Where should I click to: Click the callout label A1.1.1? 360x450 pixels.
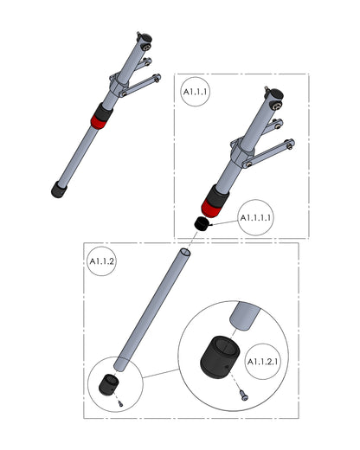(x=196, y=92)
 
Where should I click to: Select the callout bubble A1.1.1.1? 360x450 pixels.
(x=255, y=217)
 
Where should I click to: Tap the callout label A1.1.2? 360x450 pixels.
(x=102, y=261)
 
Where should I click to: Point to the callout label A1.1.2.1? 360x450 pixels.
(x=262, y=362)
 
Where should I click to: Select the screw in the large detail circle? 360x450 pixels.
(x=244, y=395)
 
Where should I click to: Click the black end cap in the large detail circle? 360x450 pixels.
(x=220, y=357)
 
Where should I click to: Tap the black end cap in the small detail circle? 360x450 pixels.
(x=108, y=385)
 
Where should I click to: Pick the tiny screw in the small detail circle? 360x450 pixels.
(x=120, y=404)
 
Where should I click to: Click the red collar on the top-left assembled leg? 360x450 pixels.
(x=99, y=122)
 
